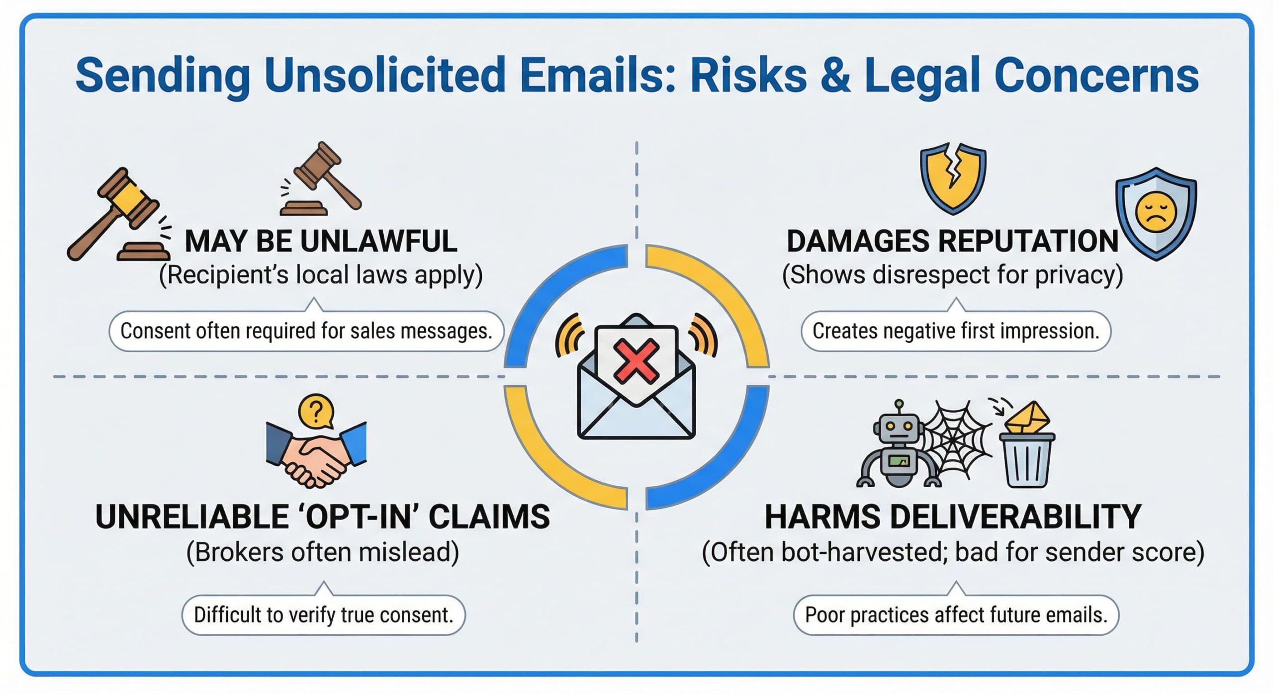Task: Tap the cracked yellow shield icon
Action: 953,178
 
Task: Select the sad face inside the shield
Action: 1156,211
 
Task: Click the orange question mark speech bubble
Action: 316,411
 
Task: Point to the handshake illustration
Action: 316,454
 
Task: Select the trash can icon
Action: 1027,460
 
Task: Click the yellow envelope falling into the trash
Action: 1027,418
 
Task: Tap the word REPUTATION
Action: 1028,242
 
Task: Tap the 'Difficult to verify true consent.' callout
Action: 324,615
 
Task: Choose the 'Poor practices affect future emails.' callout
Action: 956,615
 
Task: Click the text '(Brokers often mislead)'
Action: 323,552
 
